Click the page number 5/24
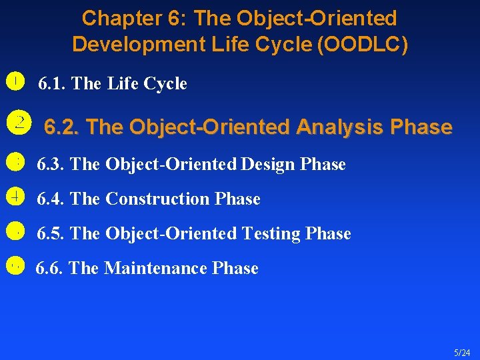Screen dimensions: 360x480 coord(461,351)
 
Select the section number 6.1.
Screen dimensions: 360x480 coord(51,84)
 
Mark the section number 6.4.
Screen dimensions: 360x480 coord(51,199)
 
